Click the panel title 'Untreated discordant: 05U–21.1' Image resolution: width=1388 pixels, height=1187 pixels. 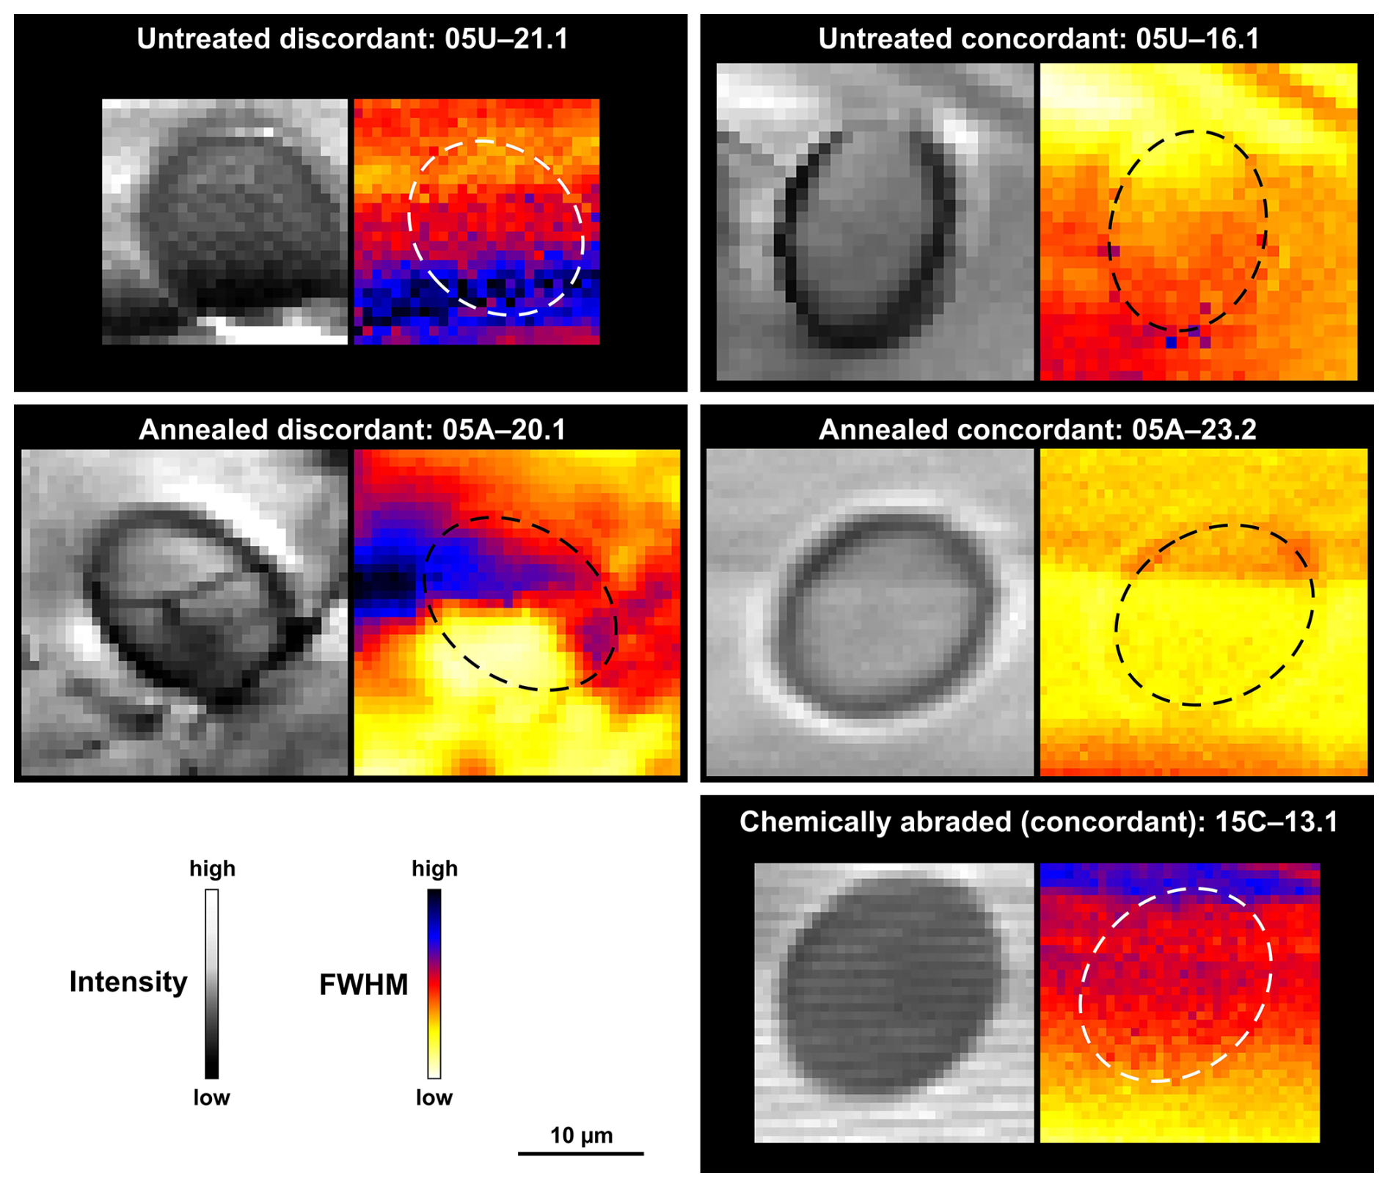pyautogui.click(x=352, y=39)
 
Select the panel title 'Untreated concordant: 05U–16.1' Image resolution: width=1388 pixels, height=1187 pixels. pyautogui.click(x=1038, y=39)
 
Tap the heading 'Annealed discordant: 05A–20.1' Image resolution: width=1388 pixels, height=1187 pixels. pyautogui.click(x=352, y=430)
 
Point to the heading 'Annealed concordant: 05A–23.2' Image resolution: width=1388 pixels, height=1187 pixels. pyautogui.click(x=1037, y=430)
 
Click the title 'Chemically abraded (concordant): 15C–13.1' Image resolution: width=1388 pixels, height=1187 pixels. pyautogui.click(x=1038, y=822)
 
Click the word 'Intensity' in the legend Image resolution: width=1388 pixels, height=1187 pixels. pyautogui.click(x=128, y=982)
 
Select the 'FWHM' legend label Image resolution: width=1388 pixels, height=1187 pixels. pyautogui.click(x=363, y=985)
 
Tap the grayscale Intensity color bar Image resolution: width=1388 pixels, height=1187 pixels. pyautogui.click(x=211, y=984)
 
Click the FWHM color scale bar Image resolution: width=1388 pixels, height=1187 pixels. pyautogui.click(x=434, y=984)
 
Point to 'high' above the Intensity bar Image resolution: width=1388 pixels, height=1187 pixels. pyautogui.click(x=212, y=869)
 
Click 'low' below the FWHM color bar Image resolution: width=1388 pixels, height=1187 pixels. pyautogui.click(x=434, y=1097)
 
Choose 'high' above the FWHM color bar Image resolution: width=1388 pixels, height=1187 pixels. pyautogui.click(x=434, y=869)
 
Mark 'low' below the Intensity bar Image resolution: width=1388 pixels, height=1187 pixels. pyautogui.click(x=211, y=1097)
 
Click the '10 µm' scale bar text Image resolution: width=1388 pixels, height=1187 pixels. pyautogui.click(x=581, y=1136)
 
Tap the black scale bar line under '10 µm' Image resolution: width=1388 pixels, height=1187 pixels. pyautogui.click(x=581, y=1154)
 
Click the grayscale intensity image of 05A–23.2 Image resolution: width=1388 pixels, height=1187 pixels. pyautogui.click(x=869, y=613)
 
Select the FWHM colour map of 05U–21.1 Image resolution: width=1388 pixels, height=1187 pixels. pyautogui.click(x=477, y=222)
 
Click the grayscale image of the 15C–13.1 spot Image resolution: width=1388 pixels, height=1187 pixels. pyautogui.click(x=894, y=1003)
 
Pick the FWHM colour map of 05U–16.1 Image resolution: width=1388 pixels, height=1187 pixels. pyautogui.click(x=1199, y=222)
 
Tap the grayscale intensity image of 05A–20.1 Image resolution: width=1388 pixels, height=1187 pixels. pyautogui.click(x=184, y=613)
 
